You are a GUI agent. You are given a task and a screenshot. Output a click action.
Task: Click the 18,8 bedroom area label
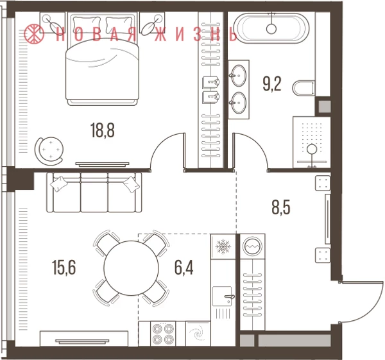click(x=103, y=130)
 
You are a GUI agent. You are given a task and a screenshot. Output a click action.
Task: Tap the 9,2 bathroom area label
click(x=272, y=83)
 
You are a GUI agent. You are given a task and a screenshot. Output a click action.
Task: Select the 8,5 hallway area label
click(x=281, y=207)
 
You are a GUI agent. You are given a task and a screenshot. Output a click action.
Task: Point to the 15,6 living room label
click(x=64, y=268)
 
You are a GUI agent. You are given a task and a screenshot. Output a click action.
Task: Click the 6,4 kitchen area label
click(x=184, y=268)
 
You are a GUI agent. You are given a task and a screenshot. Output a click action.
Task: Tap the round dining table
click(x=132, y=268)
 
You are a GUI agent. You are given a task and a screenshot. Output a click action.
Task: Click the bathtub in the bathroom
click(x=271, y=27)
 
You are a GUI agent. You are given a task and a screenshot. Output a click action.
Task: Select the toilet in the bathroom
click(x=304, y=88)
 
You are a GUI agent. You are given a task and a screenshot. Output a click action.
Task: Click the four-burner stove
click(x=162, y=334)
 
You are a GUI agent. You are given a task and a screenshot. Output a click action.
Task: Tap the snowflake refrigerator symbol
click(x=223, y=246)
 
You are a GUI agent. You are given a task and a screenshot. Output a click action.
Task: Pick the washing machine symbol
click(x=252, y=246)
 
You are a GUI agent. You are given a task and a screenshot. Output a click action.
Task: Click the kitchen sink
click(x=222, y=296)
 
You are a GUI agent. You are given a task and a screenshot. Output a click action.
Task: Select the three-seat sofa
click(x=94, y=193)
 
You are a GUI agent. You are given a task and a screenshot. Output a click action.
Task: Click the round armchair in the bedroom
click(x=49, y=151)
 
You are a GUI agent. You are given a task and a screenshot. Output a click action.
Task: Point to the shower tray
click(x=311, y=142)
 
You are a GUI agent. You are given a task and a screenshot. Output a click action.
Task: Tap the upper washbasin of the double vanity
click(x=238, y=75)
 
